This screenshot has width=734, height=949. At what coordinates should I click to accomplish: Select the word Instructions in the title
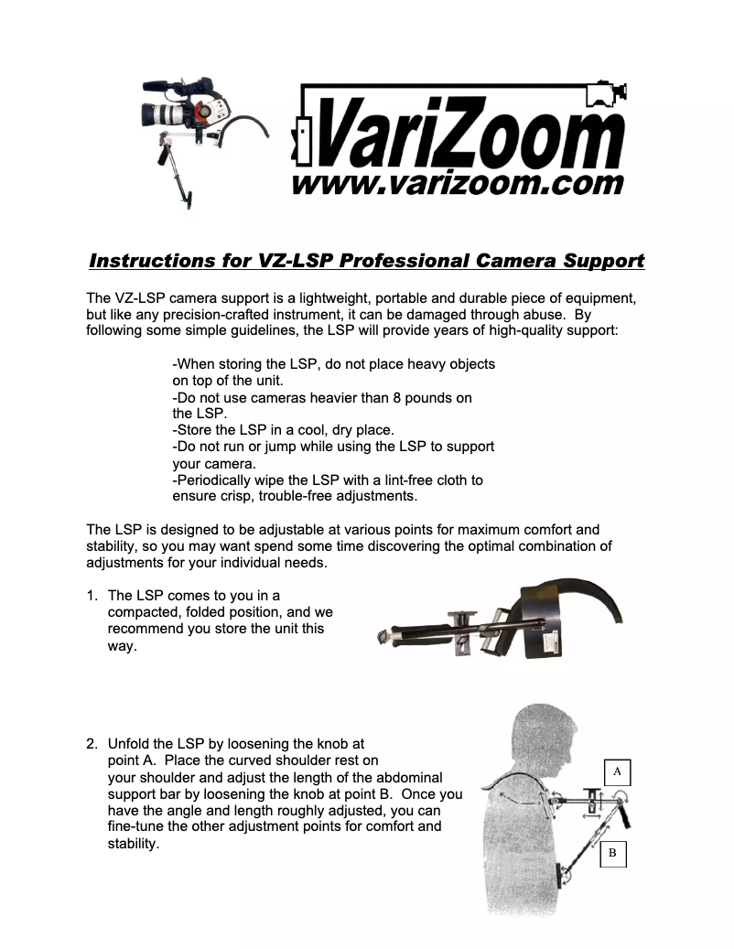[x=151, y=261]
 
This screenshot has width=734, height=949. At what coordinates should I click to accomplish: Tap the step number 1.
[x=92, y=596]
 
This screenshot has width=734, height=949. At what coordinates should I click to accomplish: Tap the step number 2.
[x=92, y=744]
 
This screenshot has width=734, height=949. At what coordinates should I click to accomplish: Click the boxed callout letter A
[x=617, y=771]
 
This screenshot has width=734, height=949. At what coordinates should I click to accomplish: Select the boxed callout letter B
[x=612, y=855]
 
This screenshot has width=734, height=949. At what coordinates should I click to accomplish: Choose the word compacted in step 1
[x=147, y=612]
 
